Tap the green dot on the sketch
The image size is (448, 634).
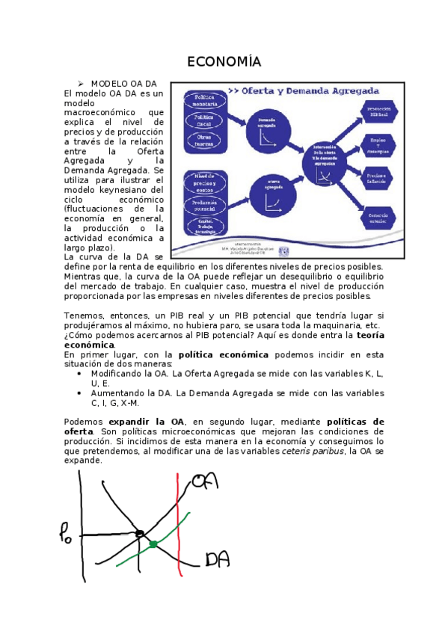coord(153,544)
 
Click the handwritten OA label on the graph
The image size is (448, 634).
coord(206,481)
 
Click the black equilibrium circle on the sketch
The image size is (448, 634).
coord(139,534)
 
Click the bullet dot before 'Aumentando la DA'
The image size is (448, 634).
coord(80,392)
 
